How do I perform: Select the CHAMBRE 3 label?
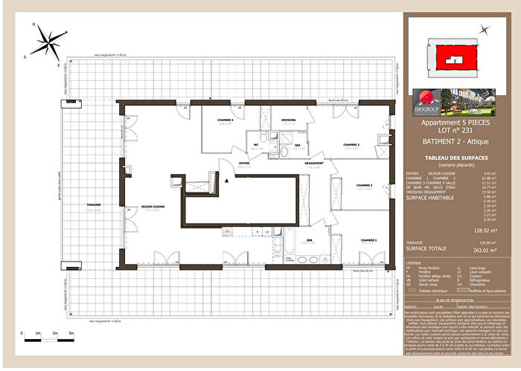coord(351,144)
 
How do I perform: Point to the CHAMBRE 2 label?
coord(364,185)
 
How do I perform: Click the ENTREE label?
coord(243,164)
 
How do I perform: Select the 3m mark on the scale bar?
coord(71,333)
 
